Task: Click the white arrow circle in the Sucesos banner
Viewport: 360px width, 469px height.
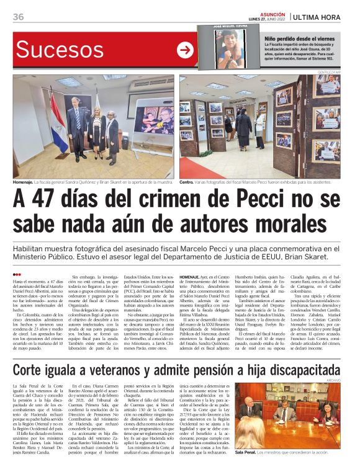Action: [185, 50]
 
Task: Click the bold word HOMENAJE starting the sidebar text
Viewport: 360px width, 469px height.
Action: [191, 275]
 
